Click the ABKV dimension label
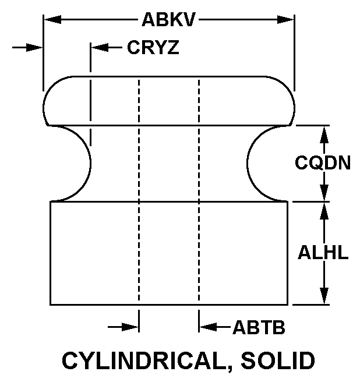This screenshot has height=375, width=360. [x=168, y=20]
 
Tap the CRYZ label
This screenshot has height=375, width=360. [x=153, y=47]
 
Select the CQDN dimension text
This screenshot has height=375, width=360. [x=323, y=162]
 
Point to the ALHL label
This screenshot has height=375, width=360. [x=323, y=252]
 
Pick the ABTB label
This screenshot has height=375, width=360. [x=259, y=327]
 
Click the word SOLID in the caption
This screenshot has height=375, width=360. [x=278, y=360]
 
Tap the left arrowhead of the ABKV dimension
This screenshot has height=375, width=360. [x=52, y=20]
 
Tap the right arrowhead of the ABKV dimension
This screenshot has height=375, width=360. [x=285, y=20]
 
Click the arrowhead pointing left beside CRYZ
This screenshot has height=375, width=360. [x=100, y=47]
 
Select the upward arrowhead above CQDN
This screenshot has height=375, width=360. [x=324, y=135]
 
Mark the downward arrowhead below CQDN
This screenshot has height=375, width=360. [x=324, y=192]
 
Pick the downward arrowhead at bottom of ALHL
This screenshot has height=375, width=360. [x=324, y=296]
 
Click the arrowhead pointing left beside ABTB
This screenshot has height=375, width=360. [x=208, y=327]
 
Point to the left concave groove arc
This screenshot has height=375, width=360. [x=90, y=164]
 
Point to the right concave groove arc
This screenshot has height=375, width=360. [x=247, y=164]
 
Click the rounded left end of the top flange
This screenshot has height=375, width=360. [x=43, y=108]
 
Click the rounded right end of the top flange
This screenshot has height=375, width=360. [x=294, y=108]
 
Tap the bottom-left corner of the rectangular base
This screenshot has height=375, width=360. [x=50, y=305]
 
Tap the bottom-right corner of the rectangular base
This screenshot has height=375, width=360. [x=288, y=305]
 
